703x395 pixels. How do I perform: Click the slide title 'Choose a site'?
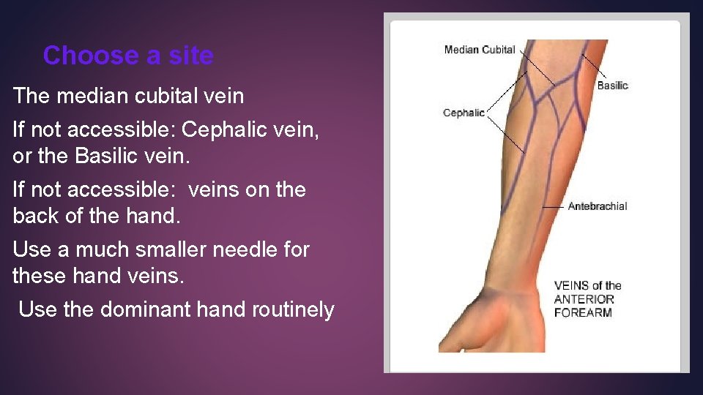click(128, 56)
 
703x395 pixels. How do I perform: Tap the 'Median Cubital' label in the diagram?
click(480, 50)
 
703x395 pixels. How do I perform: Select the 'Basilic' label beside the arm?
click(612, 86)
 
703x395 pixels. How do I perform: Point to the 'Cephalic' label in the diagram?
click(464, 113)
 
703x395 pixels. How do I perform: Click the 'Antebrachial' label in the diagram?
click(598, 206)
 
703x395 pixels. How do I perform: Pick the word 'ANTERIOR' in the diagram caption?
click(584, 299)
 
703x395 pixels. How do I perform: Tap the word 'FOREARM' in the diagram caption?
click(583, 312)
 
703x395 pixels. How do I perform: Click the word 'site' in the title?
click(190, 56)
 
